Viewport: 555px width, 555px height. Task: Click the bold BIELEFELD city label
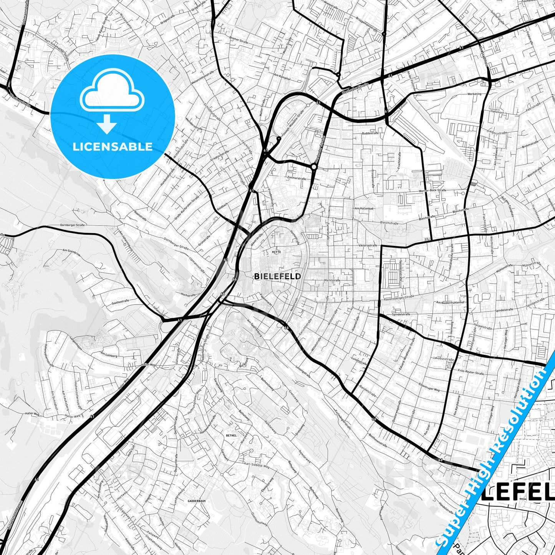277,276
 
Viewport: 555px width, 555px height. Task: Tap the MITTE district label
276,252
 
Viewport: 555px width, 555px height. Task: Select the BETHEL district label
232,436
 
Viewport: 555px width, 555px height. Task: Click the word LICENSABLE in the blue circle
113,147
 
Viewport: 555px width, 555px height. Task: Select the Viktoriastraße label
368,245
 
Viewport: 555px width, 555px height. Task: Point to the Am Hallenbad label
364,208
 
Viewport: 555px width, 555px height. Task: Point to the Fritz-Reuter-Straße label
471,373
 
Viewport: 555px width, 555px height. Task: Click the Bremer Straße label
238,40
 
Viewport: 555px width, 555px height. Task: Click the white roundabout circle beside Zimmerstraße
314,167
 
